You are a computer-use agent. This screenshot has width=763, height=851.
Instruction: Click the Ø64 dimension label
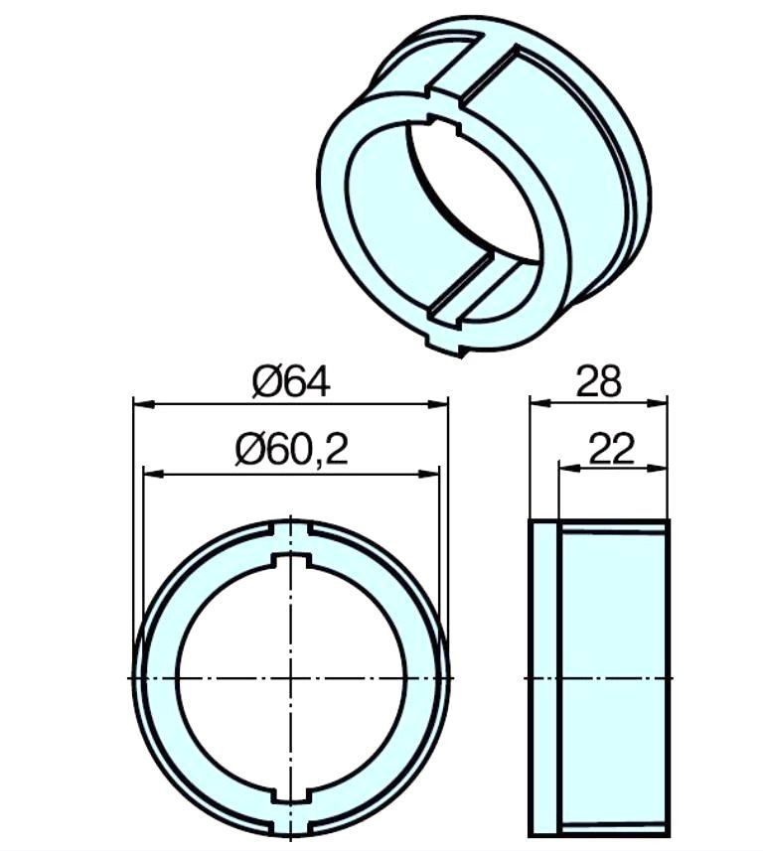[291, 382]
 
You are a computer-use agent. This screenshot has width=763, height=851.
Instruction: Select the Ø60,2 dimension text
[292, 450]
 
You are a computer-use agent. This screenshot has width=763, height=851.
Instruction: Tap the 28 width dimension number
[598, 381]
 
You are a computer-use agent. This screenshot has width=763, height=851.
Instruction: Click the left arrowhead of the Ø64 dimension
[144, 404]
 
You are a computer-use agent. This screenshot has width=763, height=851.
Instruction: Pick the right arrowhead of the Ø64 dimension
[438, 404]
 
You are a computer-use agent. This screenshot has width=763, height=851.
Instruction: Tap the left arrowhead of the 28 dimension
[540, 403]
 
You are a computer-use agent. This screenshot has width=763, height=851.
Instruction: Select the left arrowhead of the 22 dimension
[569, 469]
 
